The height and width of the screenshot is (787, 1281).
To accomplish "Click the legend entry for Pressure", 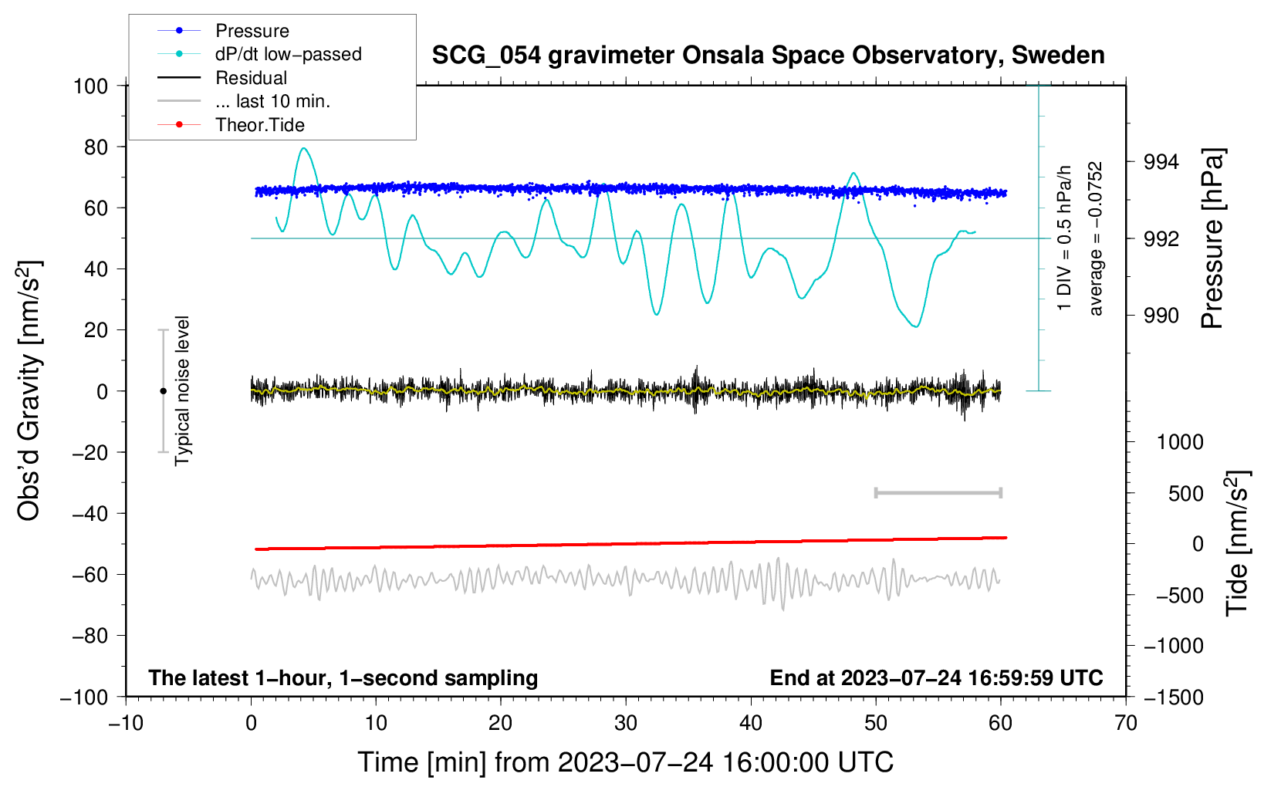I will tap(252, 31).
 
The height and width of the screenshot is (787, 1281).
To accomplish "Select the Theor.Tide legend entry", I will tap(259, 125).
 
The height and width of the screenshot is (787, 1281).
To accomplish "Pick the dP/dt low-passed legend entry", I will tap(288, 54).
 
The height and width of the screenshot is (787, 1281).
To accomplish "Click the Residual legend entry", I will tap(251, 78).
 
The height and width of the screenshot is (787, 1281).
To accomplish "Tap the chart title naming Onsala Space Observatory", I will tap(768, 56).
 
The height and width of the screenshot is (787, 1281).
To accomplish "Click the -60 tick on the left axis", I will tap(90, 574).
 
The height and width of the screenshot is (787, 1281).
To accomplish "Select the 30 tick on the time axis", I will tap(626, 723).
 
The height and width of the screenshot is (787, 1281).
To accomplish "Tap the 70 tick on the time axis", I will tap(1126, 723).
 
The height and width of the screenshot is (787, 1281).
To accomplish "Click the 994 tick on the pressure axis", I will tap(1161, 162).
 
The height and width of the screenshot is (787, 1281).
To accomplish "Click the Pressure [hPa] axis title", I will tap(1212, 239).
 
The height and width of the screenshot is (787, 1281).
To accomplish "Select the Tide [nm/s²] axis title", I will tap(1236, 543).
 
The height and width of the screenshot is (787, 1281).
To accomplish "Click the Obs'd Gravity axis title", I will tap(29, 391).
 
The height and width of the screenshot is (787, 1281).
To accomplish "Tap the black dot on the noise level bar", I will tap(163, 391).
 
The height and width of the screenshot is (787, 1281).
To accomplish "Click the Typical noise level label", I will tap(182, 391).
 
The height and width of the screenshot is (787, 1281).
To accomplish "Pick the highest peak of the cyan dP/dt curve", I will tap(304, 148).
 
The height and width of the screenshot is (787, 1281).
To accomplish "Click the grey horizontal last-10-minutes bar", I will tap(938, 492).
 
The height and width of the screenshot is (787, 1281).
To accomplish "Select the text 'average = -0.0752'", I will tap(1096, 239).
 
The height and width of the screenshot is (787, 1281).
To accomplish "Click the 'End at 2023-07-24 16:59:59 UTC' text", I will tap(936, 677).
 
